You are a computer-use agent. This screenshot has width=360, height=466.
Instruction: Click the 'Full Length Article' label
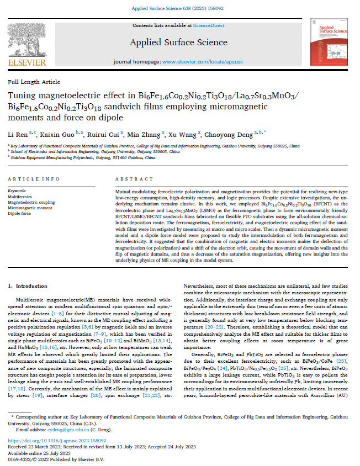coord(34,82)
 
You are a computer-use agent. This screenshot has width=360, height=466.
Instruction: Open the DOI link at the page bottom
coord(48,441)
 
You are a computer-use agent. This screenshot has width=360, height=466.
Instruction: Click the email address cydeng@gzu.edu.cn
coord(59,428)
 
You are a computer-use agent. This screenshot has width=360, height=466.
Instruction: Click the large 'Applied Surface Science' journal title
coord(179,42)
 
